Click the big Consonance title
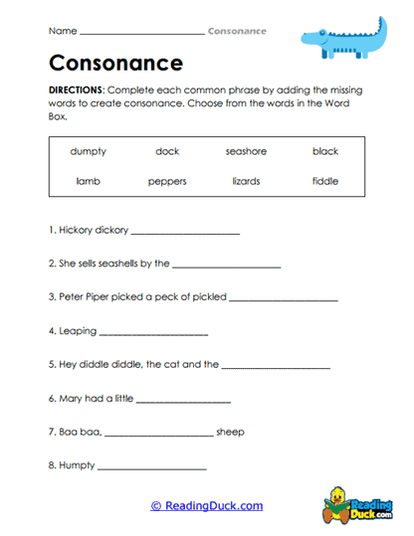[115, 64]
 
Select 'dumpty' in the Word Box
[89, 151]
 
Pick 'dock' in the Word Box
[167, 151]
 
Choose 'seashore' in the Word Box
[246, 151]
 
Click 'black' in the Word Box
[324, 151]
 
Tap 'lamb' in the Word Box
[89, 181]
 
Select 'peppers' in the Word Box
[167, 181]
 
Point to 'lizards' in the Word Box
[246, 181]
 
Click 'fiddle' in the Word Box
[324, 181]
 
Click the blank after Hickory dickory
[185, 232]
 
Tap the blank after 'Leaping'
[153, 333]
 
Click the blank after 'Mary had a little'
[182, 400]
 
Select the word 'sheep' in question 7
[230, 433]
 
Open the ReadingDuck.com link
[207, 505]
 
